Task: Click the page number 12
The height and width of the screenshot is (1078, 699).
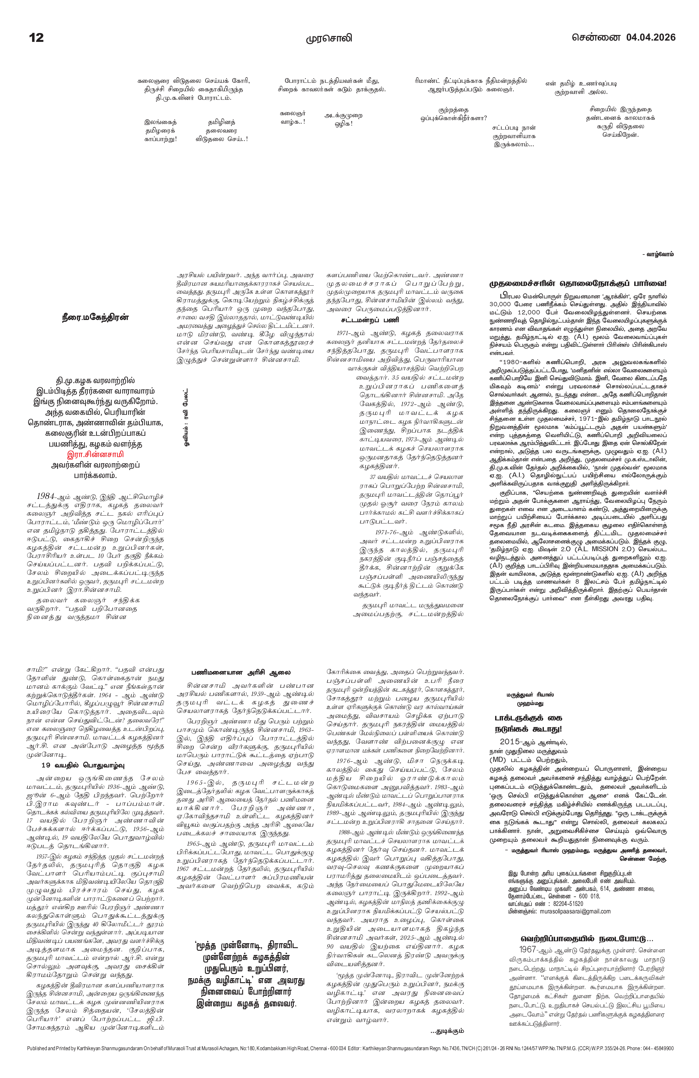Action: [36, 37]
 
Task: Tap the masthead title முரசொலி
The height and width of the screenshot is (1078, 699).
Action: [329, 38]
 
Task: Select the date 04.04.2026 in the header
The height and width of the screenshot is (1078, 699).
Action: [651, 37]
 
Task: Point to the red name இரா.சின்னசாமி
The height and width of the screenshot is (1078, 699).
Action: [95, 454]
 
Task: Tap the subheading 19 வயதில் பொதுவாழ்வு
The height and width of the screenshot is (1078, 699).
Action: [83, 766]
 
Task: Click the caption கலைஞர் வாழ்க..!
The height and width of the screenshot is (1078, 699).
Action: [293, 118]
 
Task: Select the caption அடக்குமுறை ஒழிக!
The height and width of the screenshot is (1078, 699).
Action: [343, 120]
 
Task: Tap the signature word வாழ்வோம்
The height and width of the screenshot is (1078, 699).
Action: [660, 254]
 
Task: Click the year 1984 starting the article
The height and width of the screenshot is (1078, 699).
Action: [46, 496]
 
